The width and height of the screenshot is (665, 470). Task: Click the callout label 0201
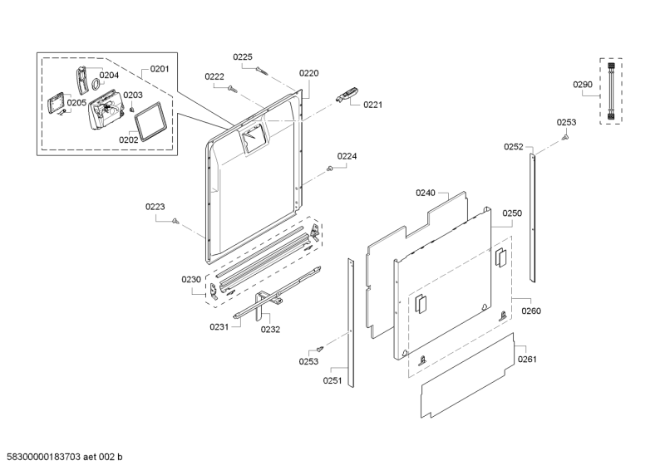pyautogui.click(x=159, y=69)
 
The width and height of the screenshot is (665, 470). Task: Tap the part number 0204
pyautogui.click(x=109, y=75)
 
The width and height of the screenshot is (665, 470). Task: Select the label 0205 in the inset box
pyautogui.click(x=76, y=103)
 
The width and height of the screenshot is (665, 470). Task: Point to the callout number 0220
pyautogui.click(x=308, y=73)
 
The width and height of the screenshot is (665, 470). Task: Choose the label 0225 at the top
pyautogui.click(x=242, y=56)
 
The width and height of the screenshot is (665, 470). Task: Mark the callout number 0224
pyautogui.click(x=347, y=156)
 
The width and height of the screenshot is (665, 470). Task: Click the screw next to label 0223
pyautogui.click(x=176, y=220)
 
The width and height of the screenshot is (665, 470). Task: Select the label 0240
pyautogui.click(x=426, y=193)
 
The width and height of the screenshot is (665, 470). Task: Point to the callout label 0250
pyautogui.click(x=512, y=213)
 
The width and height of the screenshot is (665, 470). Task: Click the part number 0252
pyautogui.click(x=514, y=147)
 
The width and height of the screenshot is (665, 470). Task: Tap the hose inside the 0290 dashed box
pyautogui.click(x=611, y=91)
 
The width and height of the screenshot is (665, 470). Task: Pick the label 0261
pyautogui.click(x=528, y=360)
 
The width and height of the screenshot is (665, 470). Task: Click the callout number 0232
pyautogui.click(x=270, y=329)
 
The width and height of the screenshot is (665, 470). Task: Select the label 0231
pyautogui.click(x=219, y=327)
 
